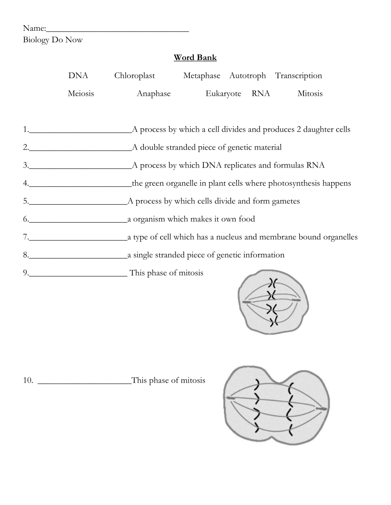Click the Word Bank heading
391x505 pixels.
tap(195, 57)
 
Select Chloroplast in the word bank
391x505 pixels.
tap(134, 76)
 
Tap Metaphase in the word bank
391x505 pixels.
tap(202, 76)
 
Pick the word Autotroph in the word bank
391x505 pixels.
tap(247, 76)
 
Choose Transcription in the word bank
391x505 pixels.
tap(298, 76)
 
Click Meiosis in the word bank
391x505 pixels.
tap(81, 94)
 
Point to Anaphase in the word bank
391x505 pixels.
tap(153, 94)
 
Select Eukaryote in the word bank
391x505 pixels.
tap(223, 94)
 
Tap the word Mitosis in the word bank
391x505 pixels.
tap(310, 94)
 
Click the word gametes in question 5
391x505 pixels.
tap(286, 201)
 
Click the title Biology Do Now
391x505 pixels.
tap(53, 40)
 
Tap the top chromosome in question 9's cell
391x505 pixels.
tap(273, 283)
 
